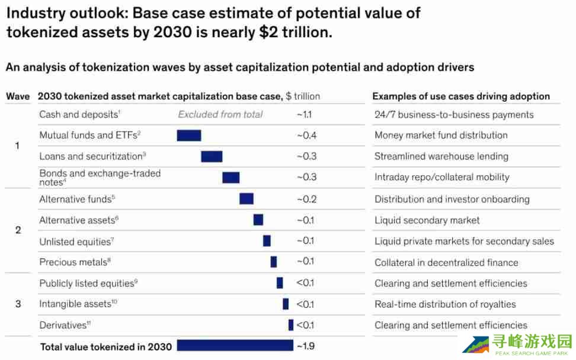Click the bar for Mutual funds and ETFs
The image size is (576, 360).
(189, 135)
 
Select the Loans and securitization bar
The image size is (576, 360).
(212, 156)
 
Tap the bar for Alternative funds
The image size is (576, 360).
(247, 199)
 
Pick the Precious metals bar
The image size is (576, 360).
(274, 262)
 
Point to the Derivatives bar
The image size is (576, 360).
(291, 325)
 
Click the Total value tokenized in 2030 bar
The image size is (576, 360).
(235, 345)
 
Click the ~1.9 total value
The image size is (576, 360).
(306, 346)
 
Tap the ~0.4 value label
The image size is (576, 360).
(306, 136)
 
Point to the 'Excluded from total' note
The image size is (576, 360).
(220, 114)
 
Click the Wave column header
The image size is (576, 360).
(18, 96)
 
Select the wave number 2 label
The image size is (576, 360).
(18, 230)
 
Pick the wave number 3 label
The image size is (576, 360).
(18, 304)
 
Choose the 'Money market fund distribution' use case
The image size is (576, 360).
(441, 135)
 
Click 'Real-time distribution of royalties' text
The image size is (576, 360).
(445, 304)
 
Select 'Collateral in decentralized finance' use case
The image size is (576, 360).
(446, 262)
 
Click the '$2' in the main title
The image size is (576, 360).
(267, 33)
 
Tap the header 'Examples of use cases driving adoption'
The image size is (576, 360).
(461, 96)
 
